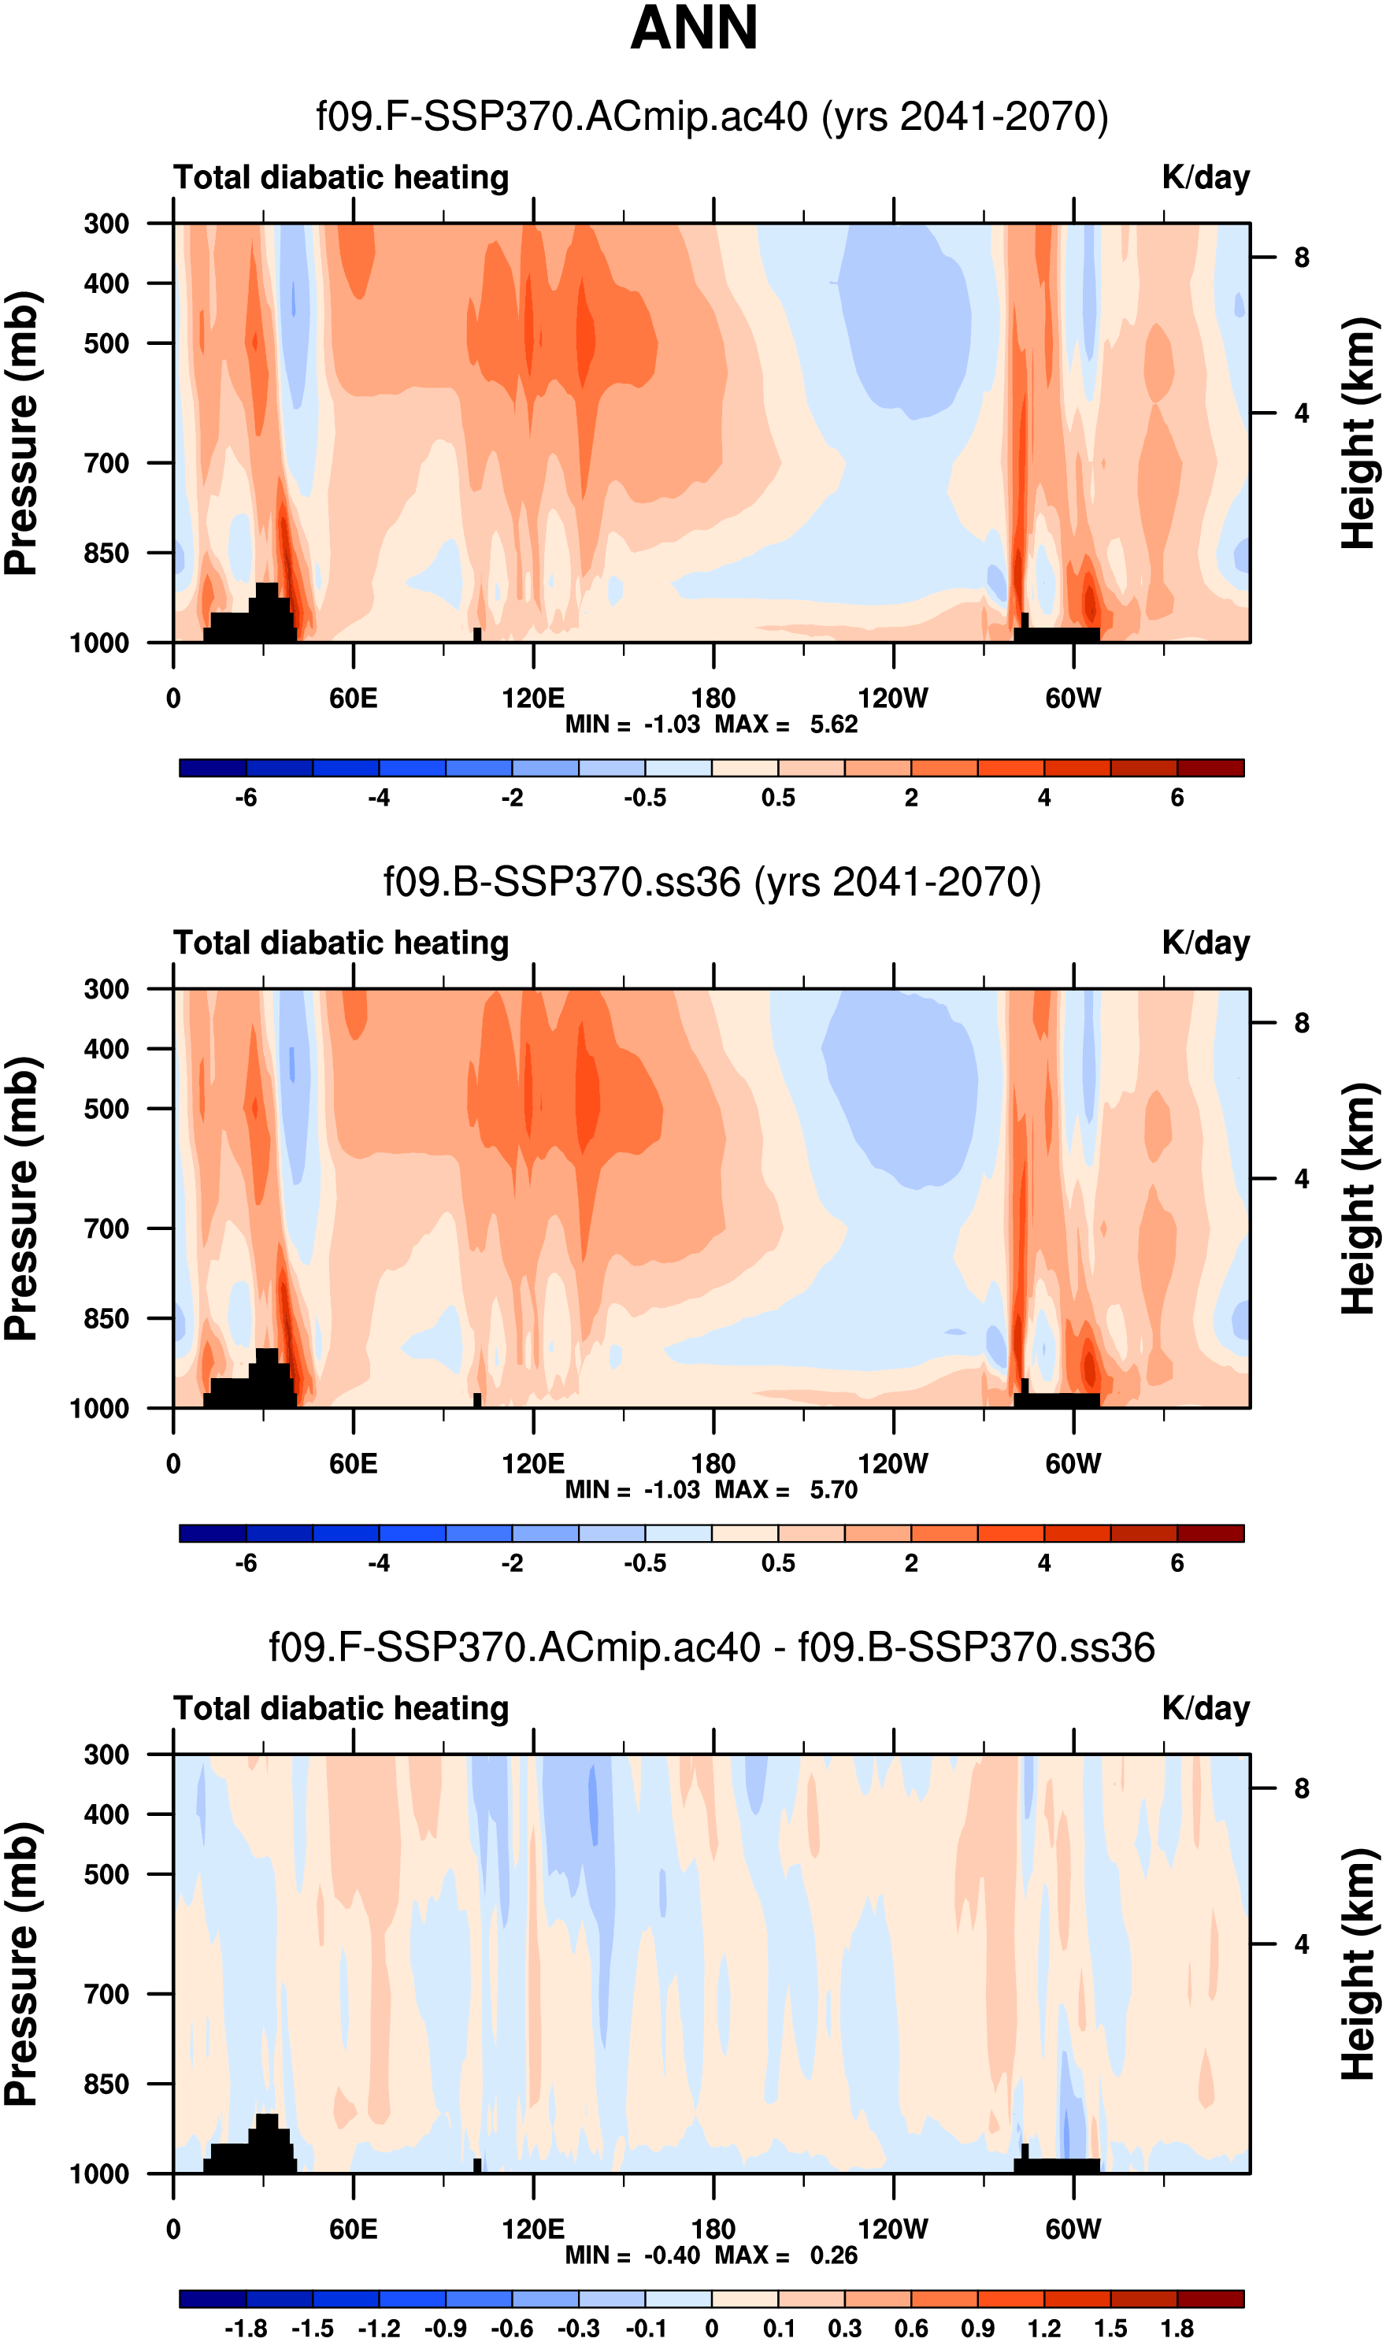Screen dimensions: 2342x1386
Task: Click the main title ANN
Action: (693, 28)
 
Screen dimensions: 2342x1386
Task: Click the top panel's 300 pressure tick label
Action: (106, 224)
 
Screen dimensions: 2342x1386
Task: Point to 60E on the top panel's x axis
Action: (353, 698)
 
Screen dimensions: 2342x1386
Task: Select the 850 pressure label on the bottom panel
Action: (106, 2084)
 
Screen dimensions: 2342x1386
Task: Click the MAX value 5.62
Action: (833, 724)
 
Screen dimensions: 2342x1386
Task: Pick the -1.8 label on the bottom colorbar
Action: (246, 2328)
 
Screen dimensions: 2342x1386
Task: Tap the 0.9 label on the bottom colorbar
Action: (978, 2328)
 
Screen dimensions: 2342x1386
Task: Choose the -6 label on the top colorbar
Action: (246, 798)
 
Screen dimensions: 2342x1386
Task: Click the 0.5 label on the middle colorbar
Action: (778, 1562)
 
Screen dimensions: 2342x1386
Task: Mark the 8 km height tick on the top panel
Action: (1301, 258)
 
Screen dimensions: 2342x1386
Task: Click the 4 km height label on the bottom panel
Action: (1301, 1944)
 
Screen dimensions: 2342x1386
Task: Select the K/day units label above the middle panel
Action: (1205, 943)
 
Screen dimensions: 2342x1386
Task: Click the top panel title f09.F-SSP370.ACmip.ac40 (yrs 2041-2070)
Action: (712, 117)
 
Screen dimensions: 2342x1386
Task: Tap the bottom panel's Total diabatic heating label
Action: (341, 1708)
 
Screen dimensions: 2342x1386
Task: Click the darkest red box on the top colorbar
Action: (1210, 769)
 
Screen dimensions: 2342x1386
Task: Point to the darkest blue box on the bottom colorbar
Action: (213, 2298)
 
